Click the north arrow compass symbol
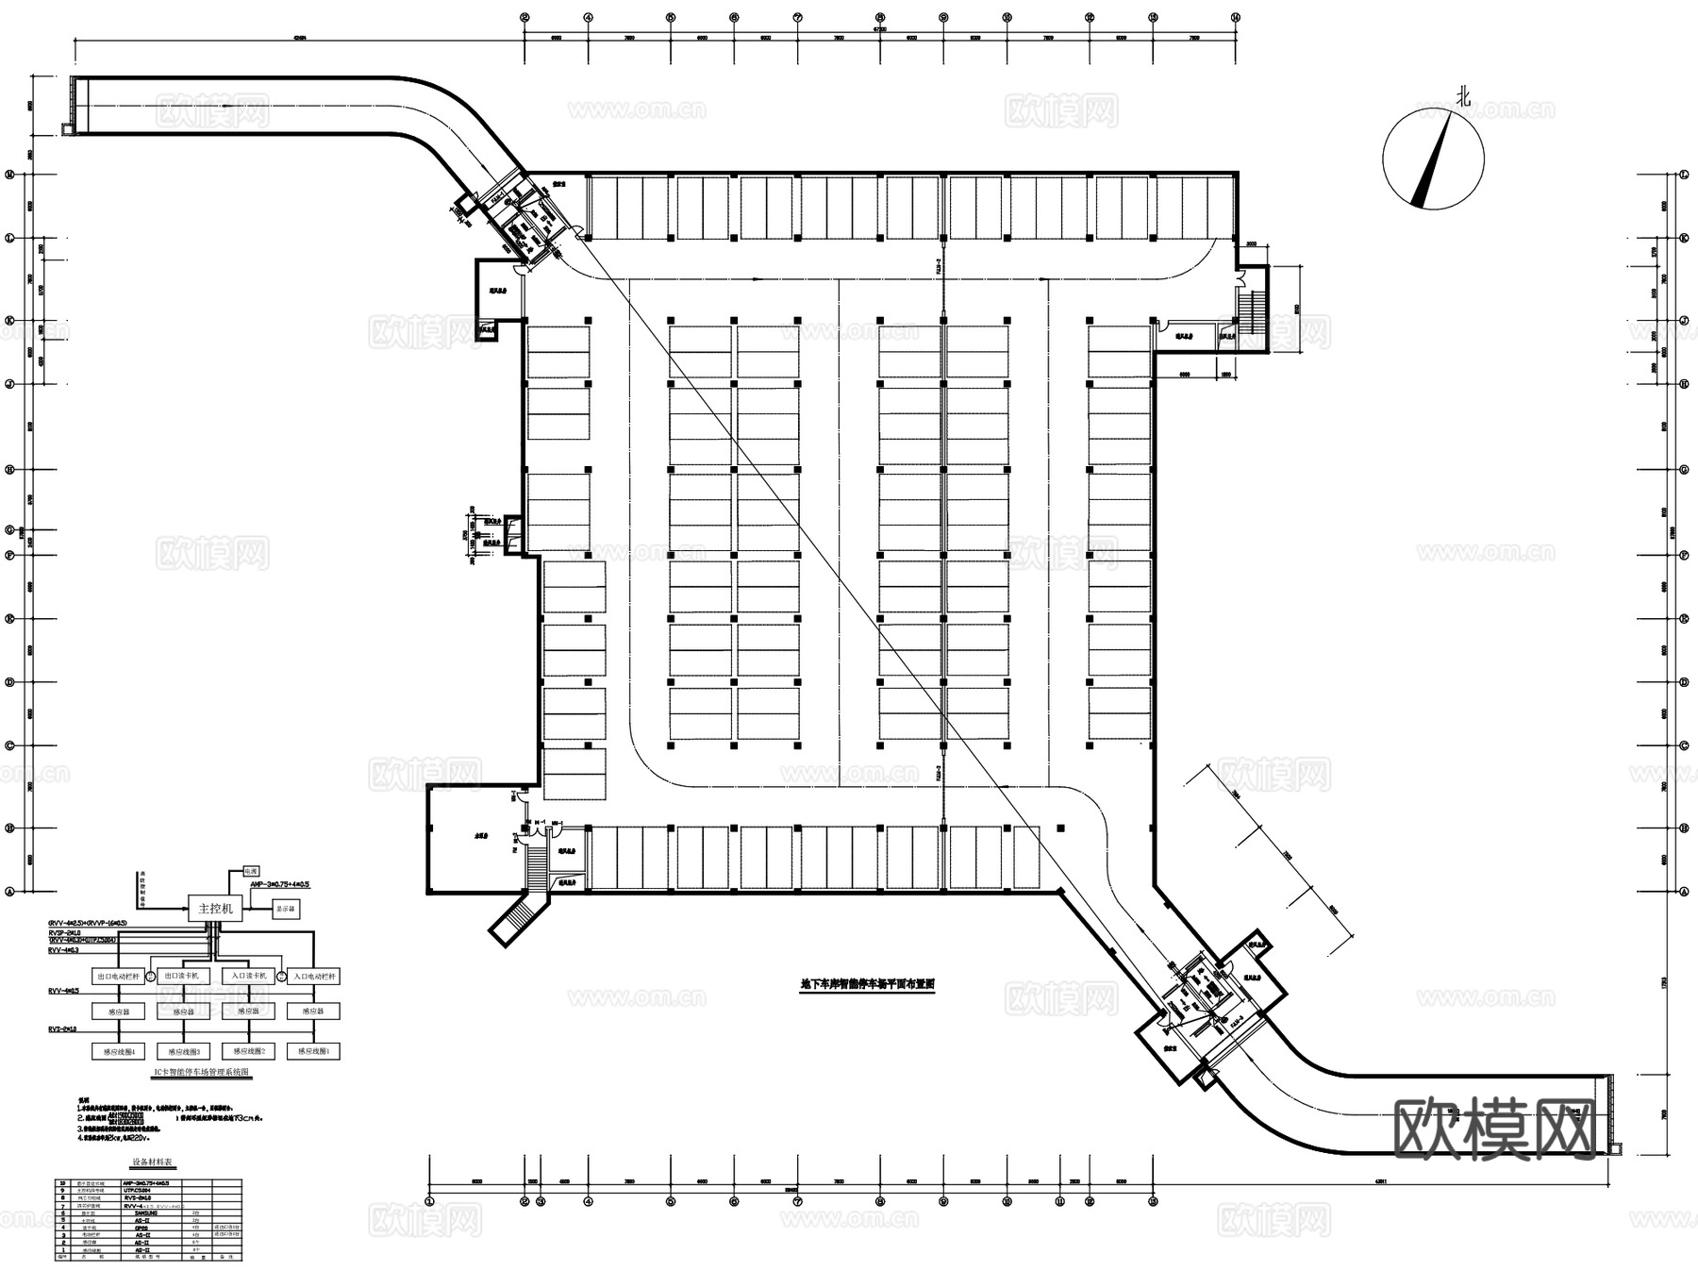[x=1433, y=159]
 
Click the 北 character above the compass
[x=1463, y=96]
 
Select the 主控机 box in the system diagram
[x=215, y=909]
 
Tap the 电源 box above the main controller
[x=250, y=871]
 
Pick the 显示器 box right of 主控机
[x=285, y=909]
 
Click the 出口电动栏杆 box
[x=118, y=976]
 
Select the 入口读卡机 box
[x=248, y=976]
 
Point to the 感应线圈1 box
[x=313, y=1050]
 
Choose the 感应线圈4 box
[x=118, y=1050]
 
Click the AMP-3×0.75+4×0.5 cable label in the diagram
[x=280, y=885]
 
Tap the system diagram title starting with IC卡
[x=201, y=1073]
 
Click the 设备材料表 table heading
[x=148, y=1163]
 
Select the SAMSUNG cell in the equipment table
[x=141, y=1213]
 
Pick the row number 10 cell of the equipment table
[x=63, y=1182]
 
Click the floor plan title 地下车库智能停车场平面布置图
[x=867, y=983]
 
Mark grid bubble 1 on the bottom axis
[x=429, y=1201]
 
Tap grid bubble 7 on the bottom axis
[x=798, y=1201]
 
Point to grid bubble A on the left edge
[x=11, y=891]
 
